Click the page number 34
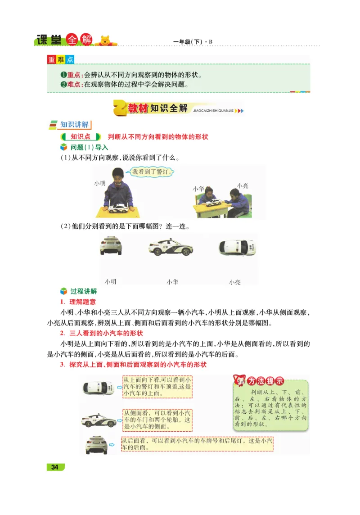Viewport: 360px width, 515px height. point(55,467)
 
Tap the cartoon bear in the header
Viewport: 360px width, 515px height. point(105,40)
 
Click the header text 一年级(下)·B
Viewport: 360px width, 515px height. point(193,42)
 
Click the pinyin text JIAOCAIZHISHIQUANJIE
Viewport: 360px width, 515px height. point(212,110)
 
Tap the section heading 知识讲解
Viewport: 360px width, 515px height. point(75,125)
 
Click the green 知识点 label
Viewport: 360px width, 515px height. point(81,136)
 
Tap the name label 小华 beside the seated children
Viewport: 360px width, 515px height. point(198,189)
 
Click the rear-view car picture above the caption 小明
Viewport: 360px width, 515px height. point(111,246)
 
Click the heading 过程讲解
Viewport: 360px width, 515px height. point(83,291)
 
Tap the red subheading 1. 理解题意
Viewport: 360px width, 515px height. point(78,302)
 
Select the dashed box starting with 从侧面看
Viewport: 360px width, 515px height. point(157,419)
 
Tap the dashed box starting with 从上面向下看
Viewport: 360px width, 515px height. point(157,387)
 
